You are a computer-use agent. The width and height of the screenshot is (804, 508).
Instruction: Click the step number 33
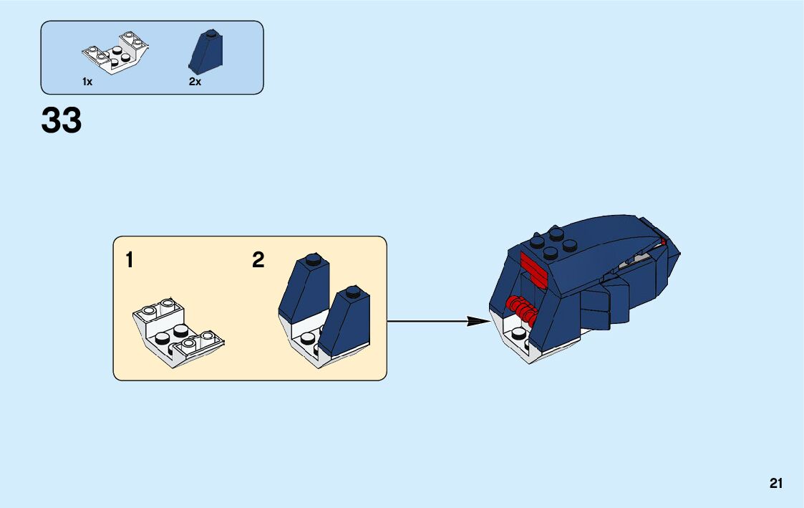tap(62, 120)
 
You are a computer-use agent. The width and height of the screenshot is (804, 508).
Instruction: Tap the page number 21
tap(776, 484)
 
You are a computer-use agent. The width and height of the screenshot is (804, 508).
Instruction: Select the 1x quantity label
tap(87, 82)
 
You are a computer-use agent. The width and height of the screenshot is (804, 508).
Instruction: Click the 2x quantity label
tap(195, 82)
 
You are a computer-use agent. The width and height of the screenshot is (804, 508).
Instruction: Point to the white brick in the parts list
tap(116, 52)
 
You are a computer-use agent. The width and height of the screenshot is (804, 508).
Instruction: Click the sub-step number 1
tap(130, 260)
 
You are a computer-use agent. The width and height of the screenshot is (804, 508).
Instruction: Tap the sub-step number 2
tap(258, 260)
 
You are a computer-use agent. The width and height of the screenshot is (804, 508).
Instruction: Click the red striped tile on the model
tap(533, 267)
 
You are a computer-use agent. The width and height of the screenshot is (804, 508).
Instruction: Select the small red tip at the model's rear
tap(663, 242)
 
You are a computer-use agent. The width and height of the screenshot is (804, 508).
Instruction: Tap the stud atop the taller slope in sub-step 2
tap(311, 259)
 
